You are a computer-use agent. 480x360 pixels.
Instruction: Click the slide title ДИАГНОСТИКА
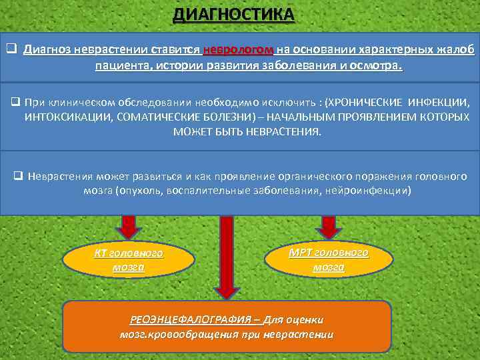point(233,14)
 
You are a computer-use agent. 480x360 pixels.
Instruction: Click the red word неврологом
point(237,50)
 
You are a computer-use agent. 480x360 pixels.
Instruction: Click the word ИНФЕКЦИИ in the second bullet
point(441,103)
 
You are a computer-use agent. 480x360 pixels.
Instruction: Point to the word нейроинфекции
point(373,191)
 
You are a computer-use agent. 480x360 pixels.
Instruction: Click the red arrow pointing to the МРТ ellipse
point(328,227)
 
